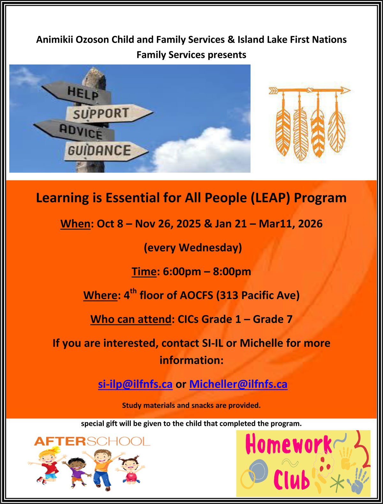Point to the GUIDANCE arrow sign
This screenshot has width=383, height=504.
click(106, 151)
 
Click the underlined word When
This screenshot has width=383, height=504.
click(75, 224)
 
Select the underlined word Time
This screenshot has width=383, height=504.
click(144, 272)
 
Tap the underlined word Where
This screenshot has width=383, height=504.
click(100, 296)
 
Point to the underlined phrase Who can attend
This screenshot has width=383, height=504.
click(131, 320)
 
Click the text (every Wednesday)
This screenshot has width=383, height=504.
click(193, 248)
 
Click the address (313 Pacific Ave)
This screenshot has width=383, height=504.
click(258, 296)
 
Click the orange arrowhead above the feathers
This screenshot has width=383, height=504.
click(345, 90)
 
